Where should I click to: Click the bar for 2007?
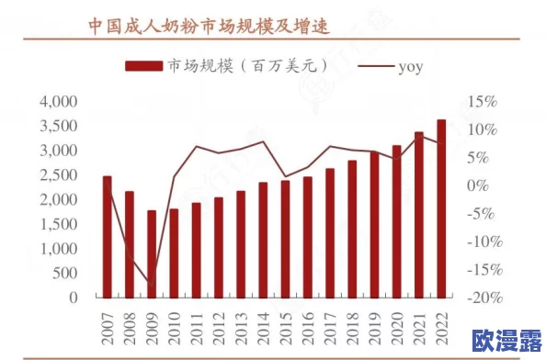click(x=107, y=237)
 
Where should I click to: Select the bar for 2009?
click(x=152, y=254)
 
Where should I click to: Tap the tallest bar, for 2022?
click(x=441, y=209)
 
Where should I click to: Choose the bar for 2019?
click(x=374, y=225)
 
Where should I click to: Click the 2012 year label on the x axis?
click(x=219, y=328)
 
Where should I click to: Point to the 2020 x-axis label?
click(x=397, y=328)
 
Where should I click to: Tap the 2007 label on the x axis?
click(x=107, y=328)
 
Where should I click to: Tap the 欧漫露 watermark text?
click(x=503, y=341)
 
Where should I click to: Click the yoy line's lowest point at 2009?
click(x=152, y=283)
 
